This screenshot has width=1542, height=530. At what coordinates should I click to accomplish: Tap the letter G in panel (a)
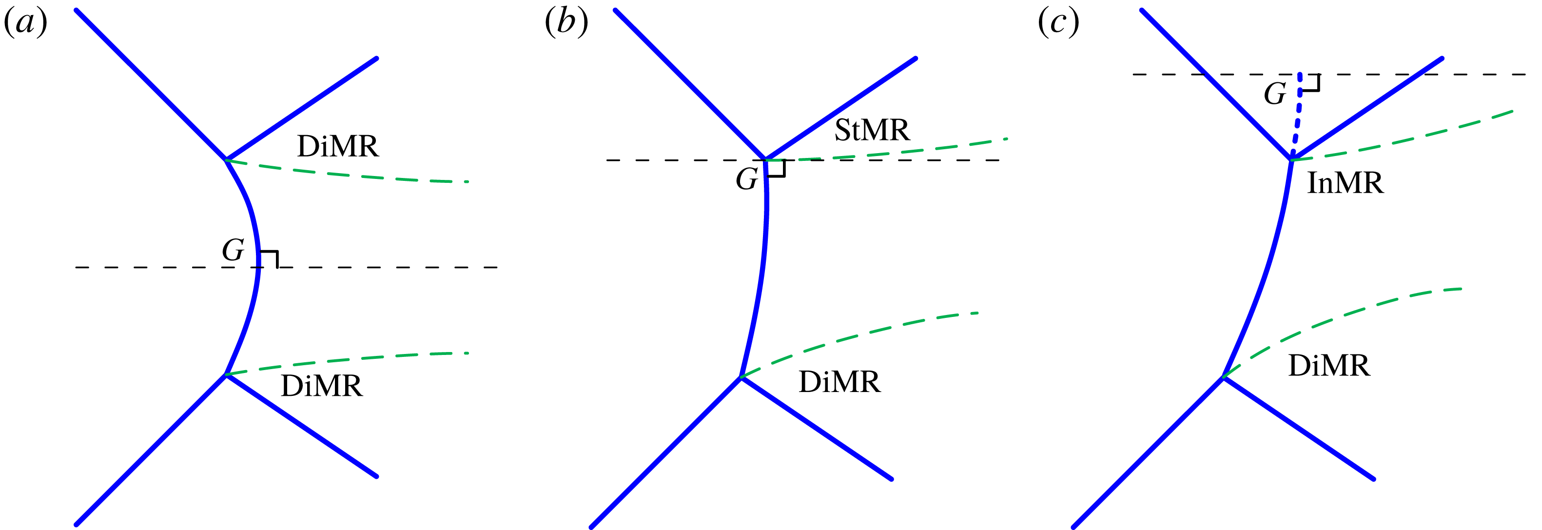coord(233,250)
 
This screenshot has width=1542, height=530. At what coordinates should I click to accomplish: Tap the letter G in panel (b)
coord(746,179)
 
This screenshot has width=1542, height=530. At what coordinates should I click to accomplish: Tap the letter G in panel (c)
coord(1274,94)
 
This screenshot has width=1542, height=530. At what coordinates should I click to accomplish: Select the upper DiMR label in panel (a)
coord(338,146)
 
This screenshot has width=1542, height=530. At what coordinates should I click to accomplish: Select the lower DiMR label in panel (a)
coord(321,386)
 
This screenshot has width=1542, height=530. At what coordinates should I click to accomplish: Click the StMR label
coord(872,130)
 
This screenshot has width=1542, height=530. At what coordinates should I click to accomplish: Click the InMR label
coord(1345,183)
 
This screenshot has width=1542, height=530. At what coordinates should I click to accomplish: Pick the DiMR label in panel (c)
coord(1329,365)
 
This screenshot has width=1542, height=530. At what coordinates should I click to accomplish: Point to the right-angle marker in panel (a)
coord(271,258)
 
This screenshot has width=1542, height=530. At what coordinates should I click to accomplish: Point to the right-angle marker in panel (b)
coord(777,169)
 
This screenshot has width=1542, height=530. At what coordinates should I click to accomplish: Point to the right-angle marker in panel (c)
coord(1311,82)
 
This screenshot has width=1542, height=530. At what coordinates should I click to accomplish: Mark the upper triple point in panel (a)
coord(226,159)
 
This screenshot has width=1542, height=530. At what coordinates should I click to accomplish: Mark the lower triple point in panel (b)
coord(741,377)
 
